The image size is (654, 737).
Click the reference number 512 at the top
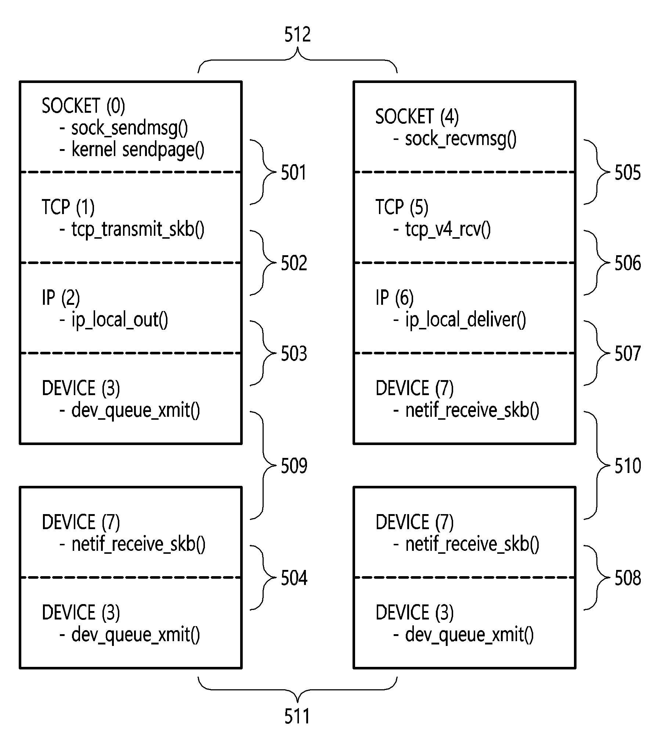[297, 35]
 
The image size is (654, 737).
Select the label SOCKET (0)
[83, 106]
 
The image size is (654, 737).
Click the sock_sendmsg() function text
[129, 128]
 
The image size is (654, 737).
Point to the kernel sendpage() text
[138, 149]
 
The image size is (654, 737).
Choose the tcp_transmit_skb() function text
[138, 230]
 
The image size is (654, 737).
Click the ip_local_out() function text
[120, 320]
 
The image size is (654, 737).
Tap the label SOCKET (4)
[417, 116]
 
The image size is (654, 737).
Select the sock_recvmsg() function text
[460, 139]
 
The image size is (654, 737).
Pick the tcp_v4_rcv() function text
[448, 230]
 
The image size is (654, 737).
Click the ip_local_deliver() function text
[465, 320]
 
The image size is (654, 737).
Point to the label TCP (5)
[402, 207]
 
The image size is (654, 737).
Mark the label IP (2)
[61, 297]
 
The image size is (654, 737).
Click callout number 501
[294, 173]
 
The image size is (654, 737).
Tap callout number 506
[628, 263]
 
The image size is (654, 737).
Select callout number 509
[294, 466]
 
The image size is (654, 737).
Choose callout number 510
[628, 466]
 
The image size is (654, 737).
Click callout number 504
[294, 578]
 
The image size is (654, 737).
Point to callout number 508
[628, 578]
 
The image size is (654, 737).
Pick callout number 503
[294, 354]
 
